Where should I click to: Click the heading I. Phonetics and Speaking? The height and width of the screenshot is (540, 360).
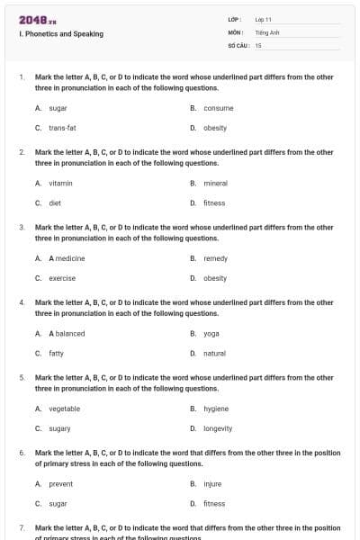pos(61,34)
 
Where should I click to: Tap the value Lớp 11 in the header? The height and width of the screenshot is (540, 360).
pos(264,19)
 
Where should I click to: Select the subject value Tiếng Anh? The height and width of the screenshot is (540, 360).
pos(267,31)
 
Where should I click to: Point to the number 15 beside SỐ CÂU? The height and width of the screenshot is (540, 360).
pos(258,44)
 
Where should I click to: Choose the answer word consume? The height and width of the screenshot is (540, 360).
pos(219,108)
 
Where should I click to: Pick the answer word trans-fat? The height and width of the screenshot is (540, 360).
pos(62,128)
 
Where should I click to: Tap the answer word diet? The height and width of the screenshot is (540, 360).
pos(55,202)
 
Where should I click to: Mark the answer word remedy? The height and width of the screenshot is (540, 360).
pos(216,258)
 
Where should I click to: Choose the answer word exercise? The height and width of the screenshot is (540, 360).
pos(62,278)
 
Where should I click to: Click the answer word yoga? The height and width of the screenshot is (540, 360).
pos(211,333)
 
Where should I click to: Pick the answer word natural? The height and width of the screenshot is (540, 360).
pos(215,354)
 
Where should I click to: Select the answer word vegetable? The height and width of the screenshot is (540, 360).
pos(64,409)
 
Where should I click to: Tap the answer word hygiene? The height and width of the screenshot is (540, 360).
pos(216,409)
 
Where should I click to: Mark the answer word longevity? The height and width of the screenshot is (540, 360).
pos(218,428)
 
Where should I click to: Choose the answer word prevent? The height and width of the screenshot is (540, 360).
pos(61,484)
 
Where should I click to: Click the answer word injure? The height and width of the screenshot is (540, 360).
pos(212,484)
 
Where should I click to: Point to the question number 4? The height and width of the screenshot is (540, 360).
pos(22,303)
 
